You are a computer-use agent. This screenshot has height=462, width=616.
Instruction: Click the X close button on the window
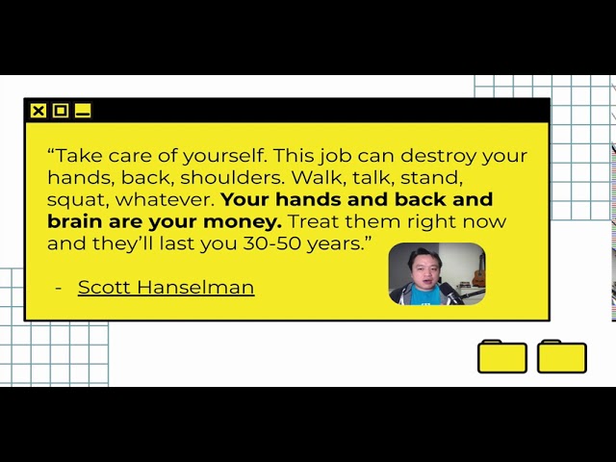click(x=38, y=111)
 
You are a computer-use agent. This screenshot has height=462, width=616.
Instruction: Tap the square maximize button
click(x=61, y=111)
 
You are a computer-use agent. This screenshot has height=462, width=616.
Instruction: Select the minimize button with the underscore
click(x=83, y=111)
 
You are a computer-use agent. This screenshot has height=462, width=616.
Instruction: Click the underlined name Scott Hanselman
click(x=166, y=287)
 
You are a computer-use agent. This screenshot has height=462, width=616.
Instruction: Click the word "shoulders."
click(x=232, y=177)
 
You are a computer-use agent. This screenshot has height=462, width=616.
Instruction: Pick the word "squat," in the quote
click(x=78, y=200)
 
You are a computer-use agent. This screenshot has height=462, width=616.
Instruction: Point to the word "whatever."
click(x=165, y=199)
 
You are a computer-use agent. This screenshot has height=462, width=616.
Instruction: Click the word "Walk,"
click(x=317, y=177)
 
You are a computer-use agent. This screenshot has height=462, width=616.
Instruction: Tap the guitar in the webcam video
click(x=478, y=271)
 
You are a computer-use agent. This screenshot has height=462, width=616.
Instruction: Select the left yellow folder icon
click(x=502, y=356)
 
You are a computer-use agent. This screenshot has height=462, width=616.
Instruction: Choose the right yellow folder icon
click(x=562, y=356)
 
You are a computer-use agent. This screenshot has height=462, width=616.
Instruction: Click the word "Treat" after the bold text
click(x=314, y=221)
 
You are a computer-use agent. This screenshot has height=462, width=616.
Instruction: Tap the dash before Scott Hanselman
click(x=59, y=288)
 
